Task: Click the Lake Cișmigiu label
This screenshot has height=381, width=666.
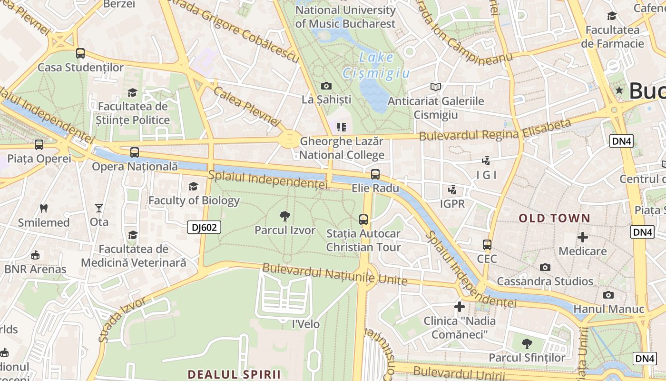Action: (376, 65)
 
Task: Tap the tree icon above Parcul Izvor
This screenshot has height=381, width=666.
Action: (285, 216)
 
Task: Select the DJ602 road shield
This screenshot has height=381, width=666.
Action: (204, 228)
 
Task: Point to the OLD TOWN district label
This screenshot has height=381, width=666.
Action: (554, 219)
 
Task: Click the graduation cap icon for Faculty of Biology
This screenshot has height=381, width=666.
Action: (193, 186)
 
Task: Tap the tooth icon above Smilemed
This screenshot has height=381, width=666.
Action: (44, 208)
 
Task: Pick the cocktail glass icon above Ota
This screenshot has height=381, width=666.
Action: (98, 208)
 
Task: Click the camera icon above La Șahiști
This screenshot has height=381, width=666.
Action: (326, 86)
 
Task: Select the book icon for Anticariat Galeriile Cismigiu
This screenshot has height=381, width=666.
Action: (435, 87)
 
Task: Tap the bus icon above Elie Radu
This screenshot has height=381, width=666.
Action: (375, 174)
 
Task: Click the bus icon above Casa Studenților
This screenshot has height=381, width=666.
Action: (80, 53)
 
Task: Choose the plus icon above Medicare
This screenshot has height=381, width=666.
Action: (582, 237)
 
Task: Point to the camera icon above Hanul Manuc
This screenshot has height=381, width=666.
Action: (608, 295)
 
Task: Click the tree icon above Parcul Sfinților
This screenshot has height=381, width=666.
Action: (527, 343)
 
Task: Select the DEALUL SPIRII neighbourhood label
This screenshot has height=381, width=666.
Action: (234, 374)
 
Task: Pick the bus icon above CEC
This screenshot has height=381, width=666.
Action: (487, 245)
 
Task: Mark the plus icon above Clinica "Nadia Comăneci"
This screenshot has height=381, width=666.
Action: (459, 306)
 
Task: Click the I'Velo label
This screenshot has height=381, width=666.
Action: (305, 324)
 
